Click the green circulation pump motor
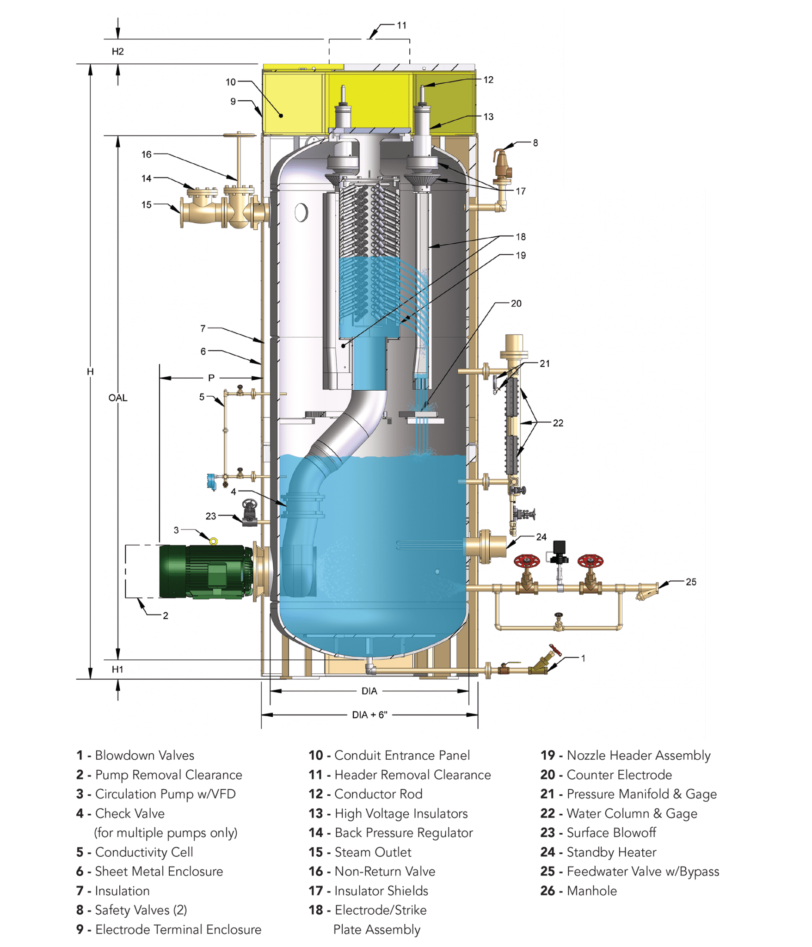point(203,572)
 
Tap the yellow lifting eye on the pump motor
point(213,541)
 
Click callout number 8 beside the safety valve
point(535,143)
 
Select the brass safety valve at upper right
point(500,169)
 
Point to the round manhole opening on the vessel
point(301,212)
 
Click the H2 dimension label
point(117,52)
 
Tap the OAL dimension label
point(117,398)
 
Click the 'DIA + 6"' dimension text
point(369,715)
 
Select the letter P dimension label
point(211,378)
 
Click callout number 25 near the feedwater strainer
point(691,582)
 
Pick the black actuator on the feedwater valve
point(559,549)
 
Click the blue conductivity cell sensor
point(212,481)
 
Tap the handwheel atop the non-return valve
point(239,135)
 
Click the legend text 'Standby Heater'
point(611,852)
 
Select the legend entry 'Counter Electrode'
point(619,775)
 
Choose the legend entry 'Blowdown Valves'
point(144,755)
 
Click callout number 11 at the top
point(401,25)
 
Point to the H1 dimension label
point(117,669)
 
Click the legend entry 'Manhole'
point(592,891)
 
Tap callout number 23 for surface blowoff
point(211,516)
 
